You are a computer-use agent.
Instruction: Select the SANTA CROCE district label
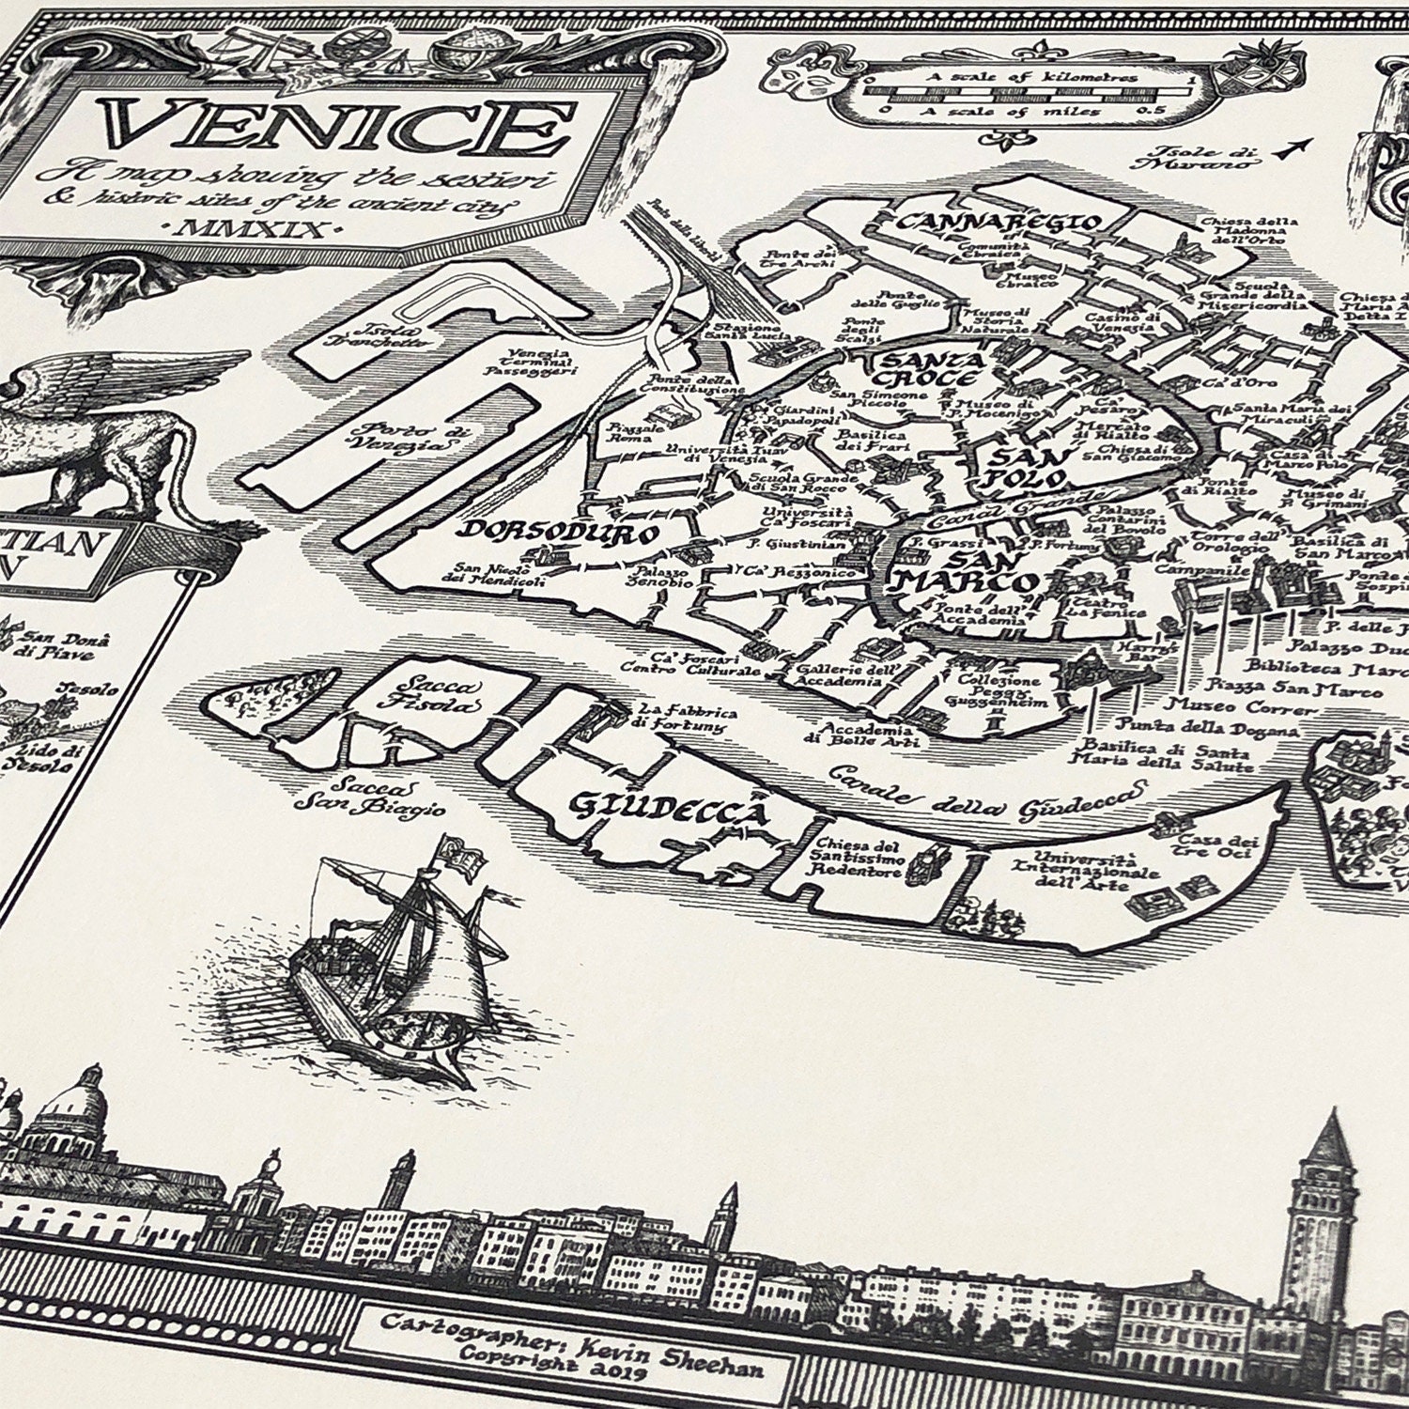coord(929,369)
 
